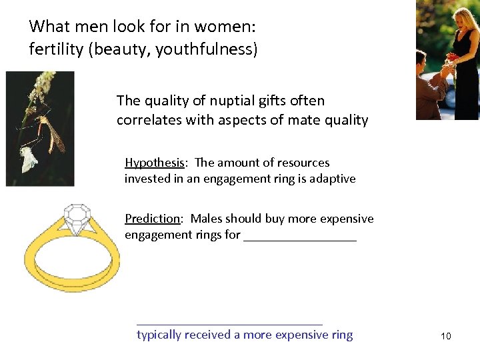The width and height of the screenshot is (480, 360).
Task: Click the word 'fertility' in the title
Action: tap(55, 50)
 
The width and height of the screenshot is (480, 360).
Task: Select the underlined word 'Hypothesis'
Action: tap(154, 163)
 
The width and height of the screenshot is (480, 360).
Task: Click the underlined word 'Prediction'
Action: tap(153, 219)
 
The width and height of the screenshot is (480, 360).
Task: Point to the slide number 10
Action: tap(445, 336)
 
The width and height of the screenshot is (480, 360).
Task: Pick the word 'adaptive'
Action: tap(332, 179)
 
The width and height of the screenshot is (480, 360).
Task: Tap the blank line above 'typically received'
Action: tap(229, 323)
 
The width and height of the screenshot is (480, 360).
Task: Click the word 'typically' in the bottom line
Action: tap(159, 335)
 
